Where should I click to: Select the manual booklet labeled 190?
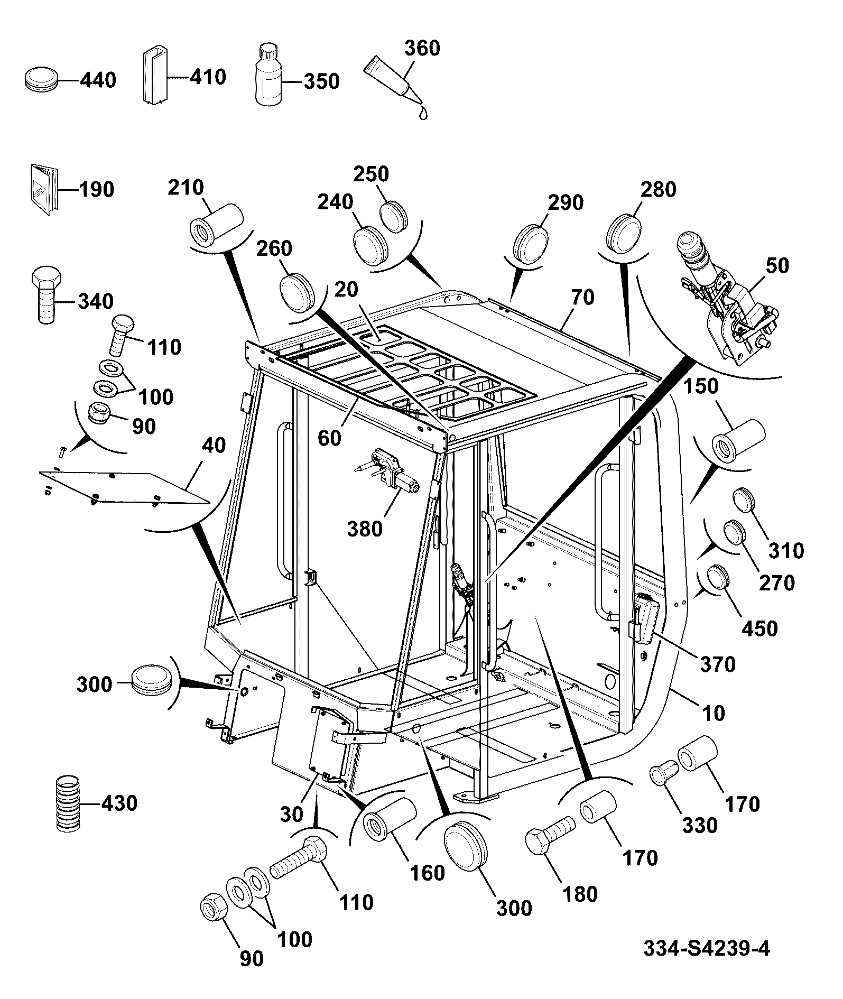click(x=43, y=190)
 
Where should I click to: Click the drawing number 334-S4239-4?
click(x=707, y=948)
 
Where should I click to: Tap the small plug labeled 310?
click(x=744, y=501)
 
